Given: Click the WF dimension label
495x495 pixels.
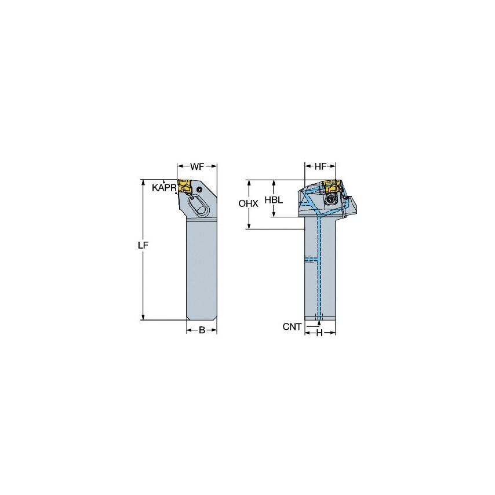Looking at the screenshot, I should coord(197,167).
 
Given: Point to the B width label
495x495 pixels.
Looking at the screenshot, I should coord(202,330).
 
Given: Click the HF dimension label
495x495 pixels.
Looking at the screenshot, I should coord(320,167).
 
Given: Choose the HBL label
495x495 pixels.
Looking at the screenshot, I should coord(274,199).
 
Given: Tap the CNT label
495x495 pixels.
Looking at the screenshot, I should coord(292,327).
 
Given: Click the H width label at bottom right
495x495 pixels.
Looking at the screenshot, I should coord(319,333).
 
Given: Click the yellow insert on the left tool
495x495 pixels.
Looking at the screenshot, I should coord(185,187).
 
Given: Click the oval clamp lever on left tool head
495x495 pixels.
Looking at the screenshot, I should coord(196,206).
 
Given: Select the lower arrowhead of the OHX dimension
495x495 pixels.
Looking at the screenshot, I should coord(249,225).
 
